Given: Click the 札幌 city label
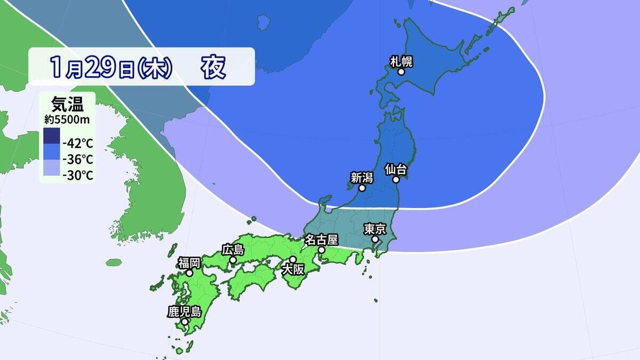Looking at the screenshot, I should tap(402, 61).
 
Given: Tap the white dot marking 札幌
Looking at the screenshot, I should tap(401, 71).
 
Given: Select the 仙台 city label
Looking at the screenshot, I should tap(396, 170).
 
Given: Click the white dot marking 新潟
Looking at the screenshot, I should tap(362, 188).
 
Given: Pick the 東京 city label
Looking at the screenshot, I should tap(374, 229).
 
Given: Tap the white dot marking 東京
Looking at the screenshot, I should tap(375, 239).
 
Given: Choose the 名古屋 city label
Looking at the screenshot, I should tap(322, 239).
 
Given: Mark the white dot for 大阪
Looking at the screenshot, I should tap(293, 259).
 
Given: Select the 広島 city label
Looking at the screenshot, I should tap(233, 249).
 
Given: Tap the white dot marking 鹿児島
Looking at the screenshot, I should tap(185, 322).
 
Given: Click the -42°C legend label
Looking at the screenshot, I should tap(78, 143).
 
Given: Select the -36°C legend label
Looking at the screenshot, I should tap(78, 159).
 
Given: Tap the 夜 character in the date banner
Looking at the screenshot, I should tap(213, 67).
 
